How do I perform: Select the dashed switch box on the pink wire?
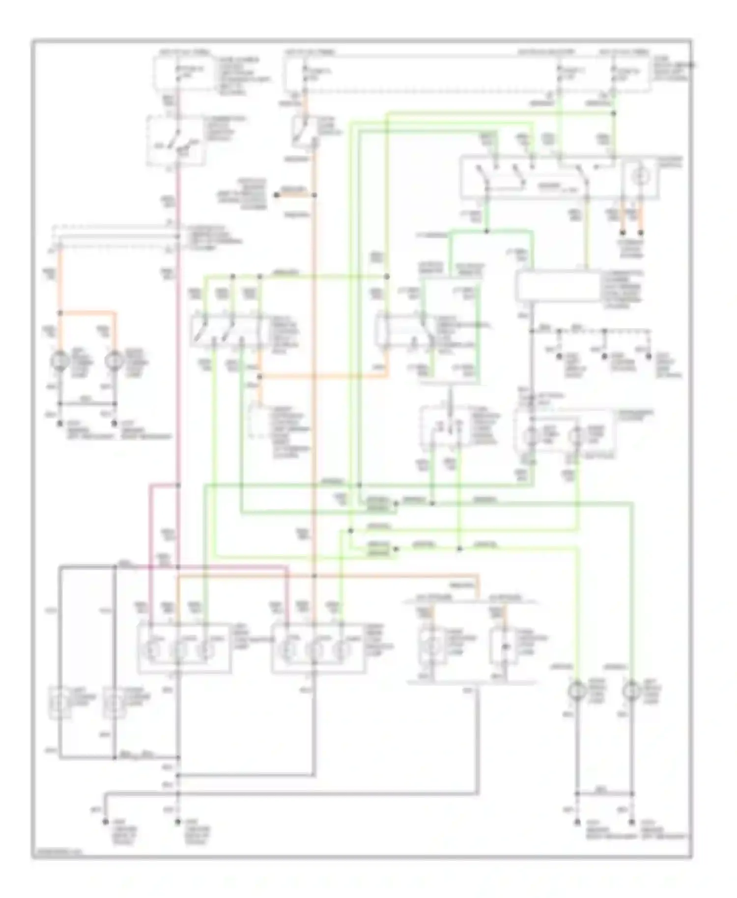[x=176, y=140]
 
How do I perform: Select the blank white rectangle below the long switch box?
[x=558, y=286]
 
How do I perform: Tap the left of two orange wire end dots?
[x=622, y=232]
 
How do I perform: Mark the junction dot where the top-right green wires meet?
[x=613, y=113]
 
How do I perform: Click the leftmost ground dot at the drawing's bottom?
[x=105, y=821]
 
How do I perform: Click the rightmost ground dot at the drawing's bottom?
[x=632, y=821]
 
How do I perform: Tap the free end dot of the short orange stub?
[x=277, y=195]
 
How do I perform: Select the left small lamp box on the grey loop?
[x=60, y=703]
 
